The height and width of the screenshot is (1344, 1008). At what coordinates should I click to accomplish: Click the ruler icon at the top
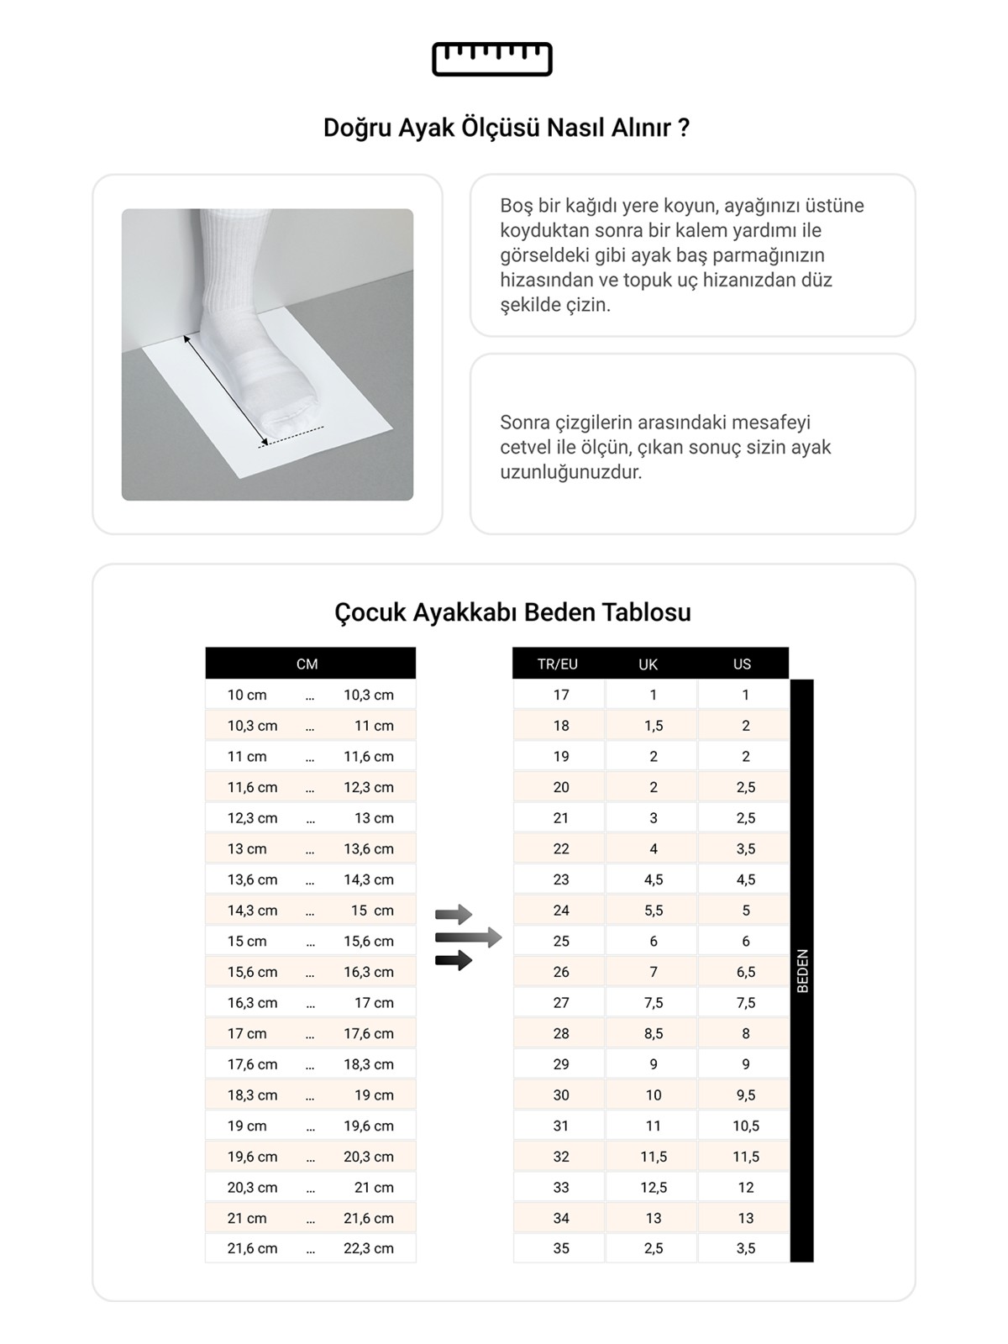tap(491, 59)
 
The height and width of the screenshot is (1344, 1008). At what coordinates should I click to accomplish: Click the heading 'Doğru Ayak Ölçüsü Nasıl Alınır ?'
tap(507, 128)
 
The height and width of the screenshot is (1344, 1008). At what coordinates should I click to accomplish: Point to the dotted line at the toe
tap(291, 436)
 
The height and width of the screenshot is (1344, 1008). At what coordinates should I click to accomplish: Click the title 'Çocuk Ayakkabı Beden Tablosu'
tap(512, 612)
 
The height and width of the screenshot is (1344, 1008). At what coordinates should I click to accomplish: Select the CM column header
tap(307, 664)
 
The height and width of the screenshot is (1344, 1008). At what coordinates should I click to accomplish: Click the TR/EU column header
tap(558, 664)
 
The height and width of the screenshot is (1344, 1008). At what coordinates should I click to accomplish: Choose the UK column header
tap(648, 664)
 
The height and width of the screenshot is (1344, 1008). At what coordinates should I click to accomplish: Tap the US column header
tap(742, 664)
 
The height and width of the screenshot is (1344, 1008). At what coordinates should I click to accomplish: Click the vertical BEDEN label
tap(802, 970)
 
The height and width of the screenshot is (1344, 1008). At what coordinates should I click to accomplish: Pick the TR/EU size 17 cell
tap(561, 695)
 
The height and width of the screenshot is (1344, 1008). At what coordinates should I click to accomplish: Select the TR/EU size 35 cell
tap(561, 1248)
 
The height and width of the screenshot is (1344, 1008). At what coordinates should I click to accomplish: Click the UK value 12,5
tap(654, 1187)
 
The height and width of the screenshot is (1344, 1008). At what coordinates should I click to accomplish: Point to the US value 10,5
tap(746, 1126)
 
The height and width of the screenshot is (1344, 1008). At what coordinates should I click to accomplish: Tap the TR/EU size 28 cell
tap(561, 1033)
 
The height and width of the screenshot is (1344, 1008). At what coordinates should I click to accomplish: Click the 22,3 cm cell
tap(368, 1248)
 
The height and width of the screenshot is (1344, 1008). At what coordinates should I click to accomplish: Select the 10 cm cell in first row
tap(247, 695)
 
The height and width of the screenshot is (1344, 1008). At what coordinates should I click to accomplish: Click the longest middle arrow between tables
tap(468, 937)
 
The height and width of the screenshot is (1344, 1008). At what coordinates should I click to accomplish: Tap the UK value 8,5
tap(654, 1033)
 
